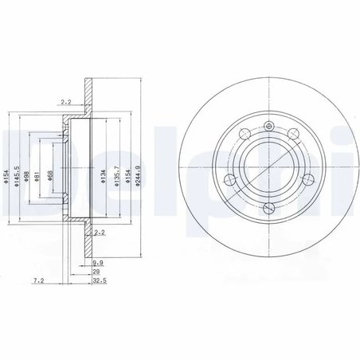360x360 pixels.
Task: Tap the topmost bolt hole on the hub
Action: point(268,124)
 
